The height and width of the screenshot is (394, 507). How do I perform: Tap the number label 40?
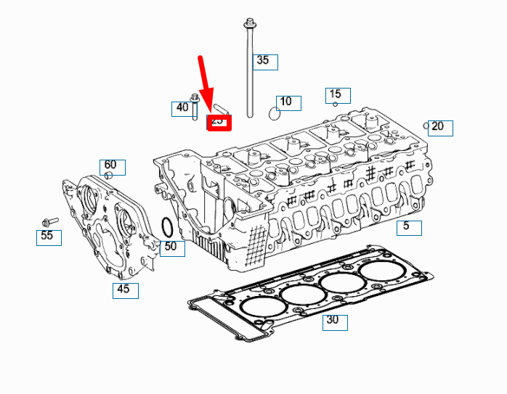click(180, 109)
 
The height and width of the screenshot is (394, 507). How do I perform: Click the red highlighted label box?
click(218, 122)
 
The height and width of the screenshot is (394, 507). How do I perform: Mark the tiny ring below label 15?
click(335, 104)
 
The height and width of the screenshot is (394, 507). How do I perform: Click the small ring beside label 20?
click(426, 125)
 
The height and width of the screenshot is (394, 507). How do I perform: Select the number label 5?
click(408, 226)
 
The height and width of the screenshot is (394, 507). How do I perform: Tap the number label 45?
click(125, 290)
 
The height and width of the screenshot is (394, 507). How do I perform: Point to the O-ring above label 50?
click(166, 228)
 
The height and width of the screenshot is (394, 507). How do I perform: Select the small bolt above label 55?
click(50, 221)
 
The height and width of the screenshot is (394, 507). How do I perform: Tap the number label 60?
click(113, 166)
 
